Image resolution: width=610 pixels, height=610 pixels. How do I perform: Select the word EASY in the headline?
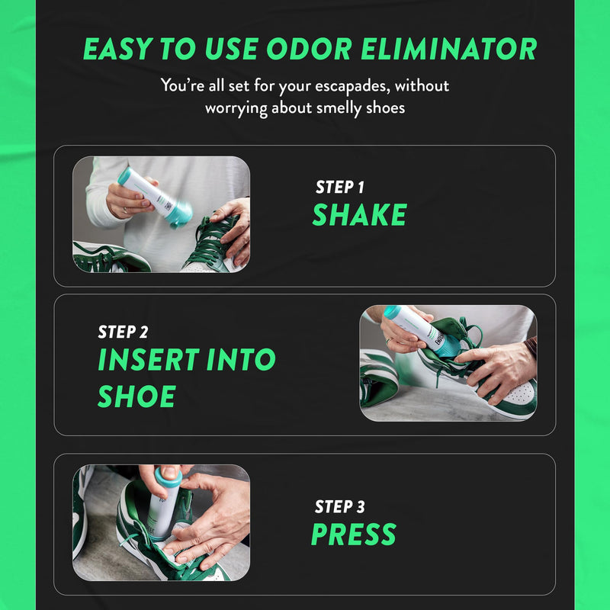click(x=117, y=49)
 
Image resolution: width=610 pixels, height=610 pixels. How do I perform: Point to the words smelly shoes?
click(x=358, y=108)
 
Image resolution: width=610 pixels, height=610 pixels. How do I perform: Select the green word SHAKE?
click(x=359, y=216)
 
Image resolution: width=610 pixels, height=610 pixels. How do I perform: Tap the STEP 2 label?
click(x=123, y=332)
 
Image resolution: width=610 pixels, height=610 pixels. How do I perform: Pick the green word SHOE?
click(x=136, y=396)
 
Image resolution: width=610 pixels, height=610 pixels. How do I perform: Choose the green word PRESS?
click(x=354, y=535)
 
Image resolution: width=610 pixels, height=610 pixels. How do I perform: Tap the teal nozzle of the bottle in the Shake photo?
click(x=178, y=217)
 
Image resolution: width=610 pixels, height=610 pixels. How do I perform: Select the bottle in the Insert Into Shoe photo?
click(x=416, y=328)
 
